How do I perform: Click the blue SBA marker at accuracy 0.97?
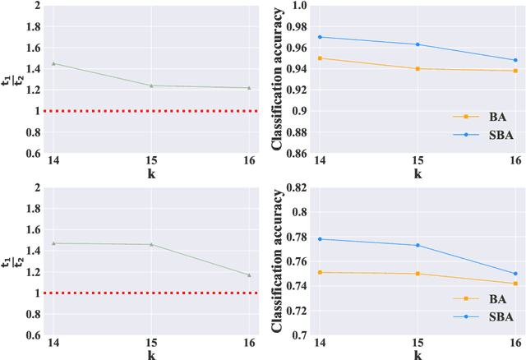[320, 37]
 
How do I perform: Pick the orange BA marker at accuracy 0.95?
[320, 58]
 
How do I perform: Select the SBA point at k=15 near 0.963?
[418, 44]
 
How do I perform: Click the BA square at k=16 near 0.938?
[515, 71]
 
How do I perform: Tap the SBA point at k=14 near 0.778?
[320, 239]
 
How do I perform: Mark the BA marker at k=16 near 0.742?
[515, 284]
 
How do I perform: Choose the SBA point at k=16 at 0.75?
[515, 274]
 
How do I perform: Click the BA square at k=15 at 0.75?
[418, 274]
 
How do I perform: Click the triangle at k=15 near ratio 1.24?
[152, 85]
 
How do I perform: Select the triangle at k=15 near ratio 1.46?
[152, 244]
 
